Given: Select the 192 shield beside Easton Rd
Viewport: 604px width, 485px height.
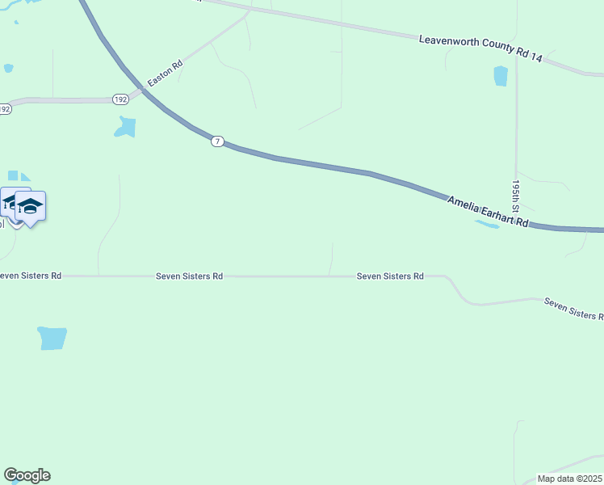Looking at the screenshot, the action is coord(120,99).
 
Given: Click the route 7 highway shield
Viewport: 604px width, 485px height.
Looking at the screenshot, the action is coord(217,141).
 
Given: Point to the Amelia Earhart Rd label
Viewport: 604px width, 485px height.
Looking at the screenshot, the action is coord(489,211).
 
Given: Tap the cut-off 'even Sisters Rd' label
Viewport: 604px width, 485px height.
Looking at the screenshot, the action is coord(31,276).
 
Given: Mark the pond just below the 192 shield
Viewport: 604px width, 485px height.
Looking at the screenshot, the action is coord(125,127).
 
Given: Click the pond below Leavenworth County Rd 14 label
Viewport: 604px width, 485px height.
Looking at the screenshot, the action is coord(501,76).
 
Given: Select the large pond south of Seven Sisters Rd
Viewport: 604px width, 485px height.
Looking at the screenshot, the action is coord(52,338).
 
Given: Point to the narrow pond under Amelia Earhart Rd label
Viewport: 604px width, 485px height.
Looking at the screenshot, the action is coord(487,223).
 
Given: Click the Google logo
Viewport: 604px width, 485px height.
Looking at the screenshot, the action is coord(27,475).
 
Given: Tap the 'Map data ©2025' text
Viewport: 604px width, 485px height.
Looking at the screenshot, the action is coord(569,479).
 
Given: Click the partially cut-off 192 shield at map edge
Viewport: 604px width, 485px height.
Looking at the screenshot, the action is coord(5,108).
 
